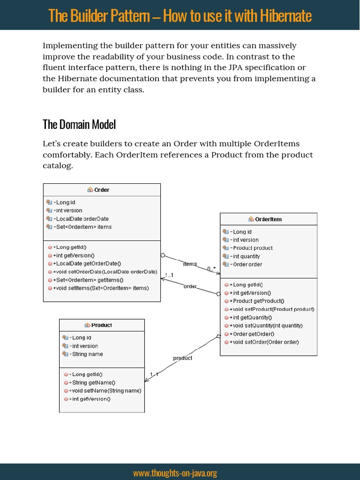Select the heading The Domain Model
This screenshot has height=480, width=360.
tap(79, 124)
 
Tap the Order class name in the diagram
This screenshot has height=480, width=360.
tap(102, 190)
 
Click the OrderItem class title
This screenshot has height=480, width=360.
tap(268, 219)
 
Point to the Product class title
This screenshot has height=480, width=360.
tap(101, 325)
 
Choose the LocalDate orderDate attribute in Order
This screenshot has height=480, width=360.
tap(82, 218)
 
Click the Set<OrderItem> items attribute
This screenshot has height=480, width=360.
tap(83, 227)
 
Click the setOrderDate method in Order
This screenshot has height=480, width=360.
tap(105, 271)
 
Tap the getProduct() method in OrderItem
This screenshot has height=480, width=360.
tap(258, 301)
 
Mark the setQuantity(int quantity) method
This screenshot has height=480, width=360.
tap(268, 325)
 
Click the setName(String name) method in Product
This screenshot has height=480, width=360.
tap(106, 390)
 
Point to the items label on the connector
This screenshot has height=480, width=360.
tap(190, 264)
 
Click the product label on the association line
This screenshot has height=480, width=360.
tap(182, 358)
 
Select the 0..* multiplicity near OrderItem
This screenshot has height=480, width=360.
tap(211, 269)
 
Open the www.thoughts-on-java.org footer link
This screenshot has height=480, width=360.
tap(175, 473)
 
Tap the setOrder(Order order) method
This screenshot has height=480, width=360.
tap(266, 342)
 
